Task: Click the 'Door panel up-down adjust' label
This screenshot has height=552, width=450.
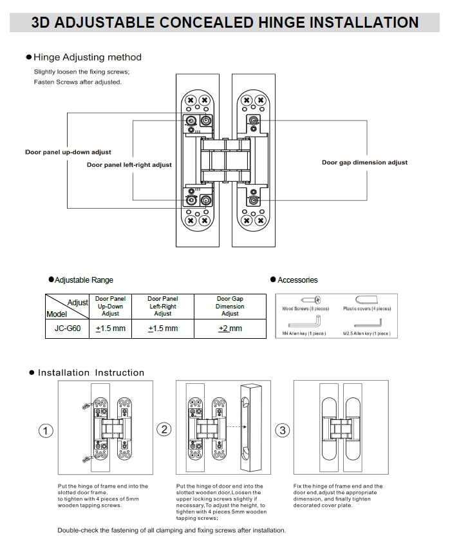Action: [68, 152]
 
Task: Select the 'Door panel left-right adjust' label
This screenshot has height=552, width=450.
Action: [129, 165]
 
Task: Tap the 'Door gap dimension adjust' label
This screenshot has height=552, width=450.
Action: [364, 162]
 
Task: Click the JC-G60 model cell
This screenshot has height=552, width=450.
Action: [67, 328]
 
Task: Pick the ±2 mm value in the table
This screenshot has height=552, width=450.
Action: [230, 328]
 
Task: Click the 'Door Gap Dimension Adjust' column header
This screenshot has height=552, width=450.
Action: [230, 306]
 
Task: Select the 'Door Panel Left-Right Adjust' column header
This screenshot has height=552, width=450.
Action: [162, 306]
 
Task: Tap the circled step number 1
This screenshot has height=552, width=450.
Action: [46, 431]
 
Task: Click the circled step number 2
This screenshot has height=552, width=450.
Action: [164, 429]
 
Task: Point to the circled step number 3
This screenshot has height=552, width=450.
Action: [283, 430]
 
